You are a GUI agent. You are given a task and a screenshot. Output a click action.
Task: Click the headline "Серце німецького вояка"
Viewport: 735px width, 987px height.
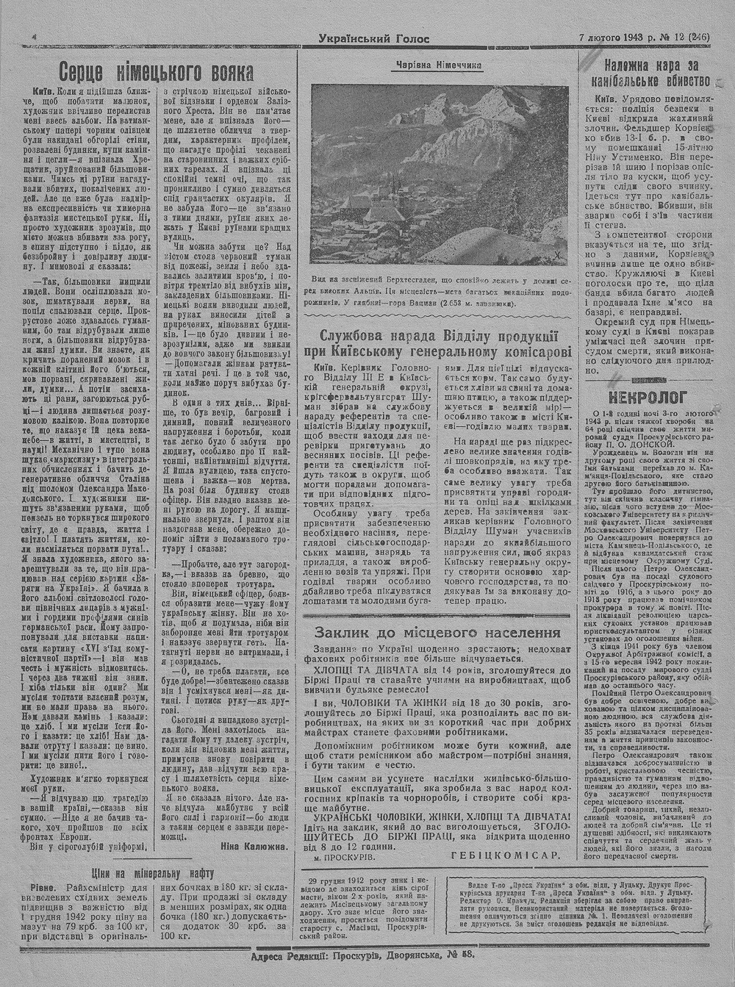[156, 73]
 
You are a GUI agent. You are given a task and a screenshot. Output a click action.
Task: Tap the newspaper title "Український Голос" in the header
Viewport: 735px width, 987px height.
[374, 39]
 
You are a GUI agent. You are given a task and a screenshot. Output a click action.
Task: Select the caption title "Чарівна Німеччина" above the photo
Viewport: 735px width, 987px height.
[439, 65]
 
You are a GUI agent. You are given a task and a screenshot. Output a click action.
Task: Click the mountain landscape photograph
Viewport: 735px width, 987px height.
[439, 174]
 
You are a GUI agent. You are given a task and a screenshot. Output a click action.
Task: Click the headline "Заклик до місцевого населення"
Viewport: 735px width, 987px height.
[437, 633]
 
